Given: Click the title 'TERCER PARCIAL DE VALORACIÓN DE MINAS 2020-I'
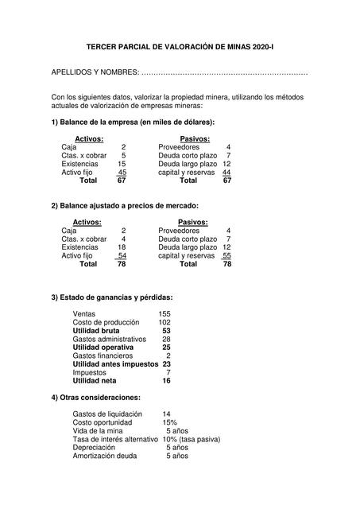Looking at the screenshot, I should click(179, 48).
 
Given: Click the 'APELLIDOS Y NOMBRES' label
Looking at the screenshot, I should click(94, 73).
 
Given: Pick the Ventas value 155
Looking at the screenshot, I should click(165, 313).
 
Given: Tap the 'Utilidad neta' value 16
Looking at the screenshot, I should click(166, 380).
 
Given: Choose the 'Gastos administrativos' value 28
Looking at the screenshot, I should click(166, 339).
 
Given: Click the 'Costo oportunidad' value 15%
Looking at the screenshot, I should click(169, 422).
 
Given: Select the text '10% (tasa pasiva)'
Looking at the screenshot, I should click(191, 439).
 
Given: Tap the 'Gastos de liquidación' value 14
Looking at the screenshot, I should click(166, 414).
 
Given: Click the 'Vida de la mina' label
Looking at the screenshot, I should click(99, 430).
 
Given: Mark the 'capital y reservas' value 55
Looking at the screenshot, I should click(226, 256).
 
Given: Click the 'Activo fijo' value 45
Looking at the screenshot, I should click(122, 172).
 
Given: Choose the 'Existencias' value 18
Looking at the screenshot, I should click(122, 247).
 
